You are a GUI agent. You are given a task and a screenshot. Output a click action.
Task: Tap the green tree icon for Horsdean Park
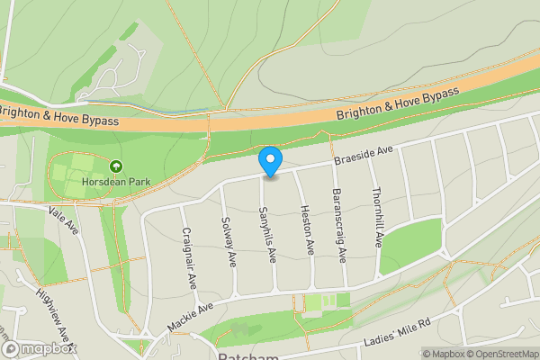115,166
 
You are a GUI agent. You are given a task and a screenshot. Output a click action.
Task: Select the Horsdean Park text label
115,181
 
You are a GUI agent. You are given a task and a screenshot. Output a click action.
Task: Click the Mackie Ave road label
191,318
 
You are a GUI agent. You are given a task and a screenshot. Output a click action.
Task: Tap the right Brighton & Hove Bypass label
397,104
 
